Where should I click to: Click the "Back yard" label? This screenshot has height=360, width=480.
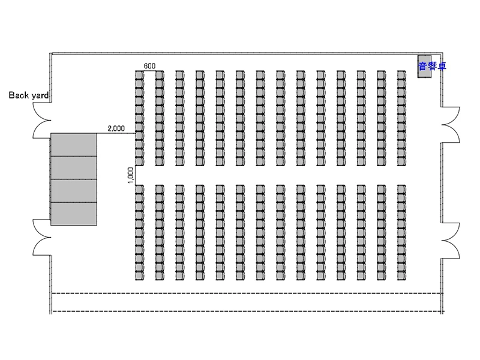point(28,95)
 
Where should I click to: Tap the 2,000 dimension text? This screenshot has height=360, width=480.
point(116,128)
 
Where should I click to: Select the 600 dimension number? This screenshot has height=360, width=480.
point(149,66)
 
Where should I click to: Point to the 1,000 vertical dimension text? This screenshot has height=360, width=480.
point(131,175)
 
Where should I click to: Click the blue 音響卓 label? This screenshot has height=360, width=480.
point(432,66)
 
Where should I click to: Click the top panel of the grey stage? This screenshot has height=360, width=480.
point(73,145)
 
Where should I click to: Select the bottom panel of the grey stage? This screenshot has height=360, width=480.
point(73,214)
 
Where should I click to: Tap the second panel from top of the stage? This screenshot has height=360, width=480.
point(73,168)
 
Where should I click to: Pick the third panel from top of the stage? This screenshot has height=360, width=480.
point(73,191)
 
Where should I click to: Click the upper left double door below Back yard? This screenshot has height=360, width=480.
point(41,118)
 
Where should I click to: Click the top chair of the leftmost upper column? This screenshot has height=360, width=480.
point(139,75)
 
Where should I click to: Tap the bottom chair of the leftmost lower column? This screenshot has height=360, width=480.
point(139,275)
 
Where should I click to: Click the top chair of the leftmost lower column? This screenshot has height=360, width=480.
point(139,188)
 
